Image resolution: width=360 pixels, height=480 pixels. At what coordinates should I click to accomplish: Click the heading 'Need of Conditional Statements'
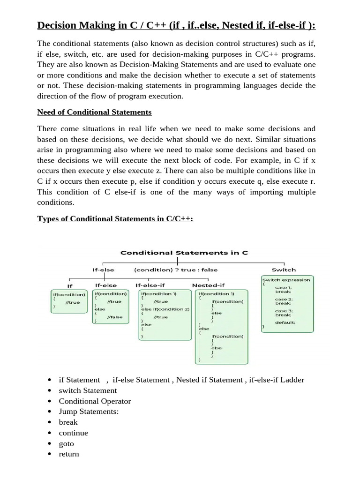pos(94,112)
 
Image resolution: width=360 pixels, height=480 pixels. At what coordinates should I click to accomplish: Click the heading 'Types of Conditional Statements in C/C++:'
pos(115,219)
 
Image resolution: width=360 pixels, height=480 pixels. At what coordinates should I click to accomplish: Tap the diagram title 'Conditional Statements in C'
pos(184,253)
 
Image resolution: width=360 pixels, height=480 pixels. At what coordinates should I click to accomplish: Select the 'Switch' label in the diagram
pos(284,270)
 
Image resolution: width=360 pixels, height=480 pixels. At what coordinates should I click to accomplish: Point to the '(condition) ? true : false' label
pos(176,270)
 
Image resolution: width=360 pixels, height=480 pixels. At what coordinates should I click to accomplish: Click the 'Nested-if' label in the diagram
pos(208,285)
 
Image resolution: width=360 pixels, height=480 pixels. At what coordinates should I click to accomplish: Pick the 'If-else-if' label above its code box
pos(151,285)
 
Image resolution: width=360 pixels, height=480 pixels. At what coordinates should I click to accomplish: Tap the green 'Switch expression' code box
pos(287,304)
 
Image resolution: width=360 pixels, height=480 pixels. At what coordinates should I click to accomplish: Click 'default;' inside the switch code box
pos(285,322)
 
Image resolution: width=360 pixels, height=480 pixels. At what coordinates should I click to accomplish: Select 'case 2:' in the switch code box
pos(284,299)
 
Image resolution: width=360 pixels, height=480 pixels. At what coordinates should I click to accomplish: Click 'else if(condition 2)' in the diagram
pos(165,309)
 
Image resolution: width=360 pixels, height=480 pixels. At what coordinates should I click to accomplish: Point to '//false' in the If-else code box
pos(114,317)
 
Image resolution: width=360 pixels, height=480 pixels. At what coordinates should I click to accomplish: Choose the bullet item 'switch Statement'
pos(88,390)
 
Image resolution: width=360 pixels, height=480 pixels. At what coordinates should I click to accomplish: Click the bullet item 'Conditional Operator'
pos(95,401)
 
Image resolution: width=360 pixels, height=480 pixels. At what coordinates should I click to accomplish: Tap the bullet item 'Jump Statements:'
pos(89,412)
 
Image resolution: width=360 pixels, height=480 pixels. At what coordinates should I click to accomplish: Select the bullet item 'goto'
pos(66,443)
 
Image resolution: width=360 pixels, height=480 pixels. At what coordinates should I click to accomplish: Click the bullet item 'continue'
pos(73,433)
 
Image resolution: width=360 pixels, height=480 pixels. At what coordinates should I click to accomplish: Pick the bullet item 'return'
pos(69,454)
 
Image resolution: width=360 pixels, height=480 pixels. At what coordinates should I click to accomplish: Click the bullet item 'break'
pos(68,422)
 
